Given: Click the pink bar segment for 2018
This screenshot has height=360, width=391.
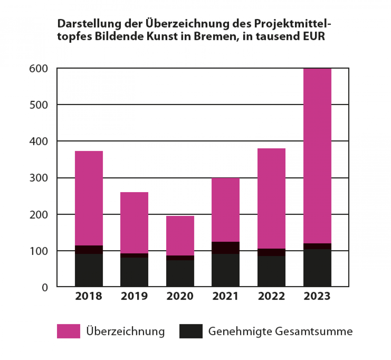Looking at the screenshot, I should point(89,198).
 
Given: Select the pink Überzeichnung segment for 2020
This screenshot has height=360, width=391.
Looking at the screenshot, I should point(180,235).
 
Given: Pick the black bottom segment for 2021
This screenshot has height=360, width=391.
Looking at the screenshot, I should point(225,270).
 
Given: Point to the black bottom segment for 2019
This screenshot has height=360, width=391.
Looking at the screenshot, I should point(134,272).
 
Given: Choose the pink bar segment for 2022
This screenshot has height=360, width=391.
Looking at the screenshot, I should point(271,198).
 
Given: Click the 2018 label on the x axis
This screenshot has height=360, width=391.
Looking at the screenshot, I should point(89,296).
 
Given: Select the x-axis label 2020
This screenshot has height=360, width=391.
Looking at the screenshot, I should point(180,296).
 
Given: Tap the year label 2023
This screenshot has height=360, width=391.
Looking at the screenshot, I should point(317,296).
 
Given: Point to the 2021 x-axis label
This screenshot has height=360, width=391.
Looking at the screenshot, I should point(225,296).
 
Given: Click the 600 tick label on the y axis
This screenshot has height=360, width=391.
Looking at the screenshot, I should point(39,68).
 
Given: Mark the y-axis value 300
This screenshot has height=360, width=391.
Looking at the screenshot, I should point(39,178).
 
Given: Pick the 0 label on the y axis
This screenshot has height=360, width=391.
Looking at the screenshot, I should point(45,288).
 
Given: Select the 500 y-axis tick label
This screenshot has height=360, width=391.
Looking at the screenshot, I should point(39,105).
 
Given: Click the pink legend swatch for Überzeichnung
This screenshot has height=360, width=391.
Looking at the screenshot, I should point(68,331).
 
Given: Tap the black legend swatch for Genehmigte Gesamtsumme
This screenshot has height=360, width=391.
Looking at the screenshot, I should point(191,331).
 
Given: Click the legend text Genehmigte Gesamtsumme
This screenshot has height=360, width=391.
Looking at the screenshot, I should point(280,332).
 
